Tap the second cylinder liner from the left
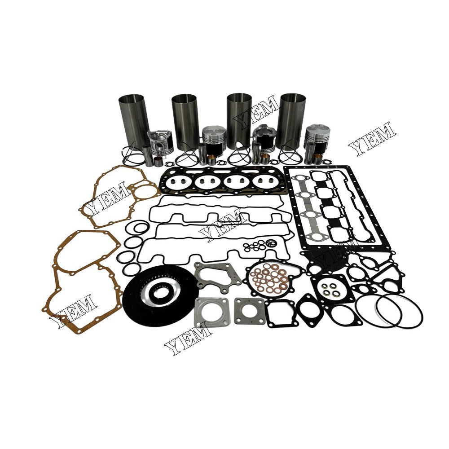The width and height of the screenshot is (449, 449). click(184, 121)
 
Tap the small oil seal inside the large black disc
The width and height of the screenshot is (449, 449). click(157, 292)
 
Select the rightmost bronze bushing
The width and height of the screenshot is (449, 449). click(318, 158)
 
